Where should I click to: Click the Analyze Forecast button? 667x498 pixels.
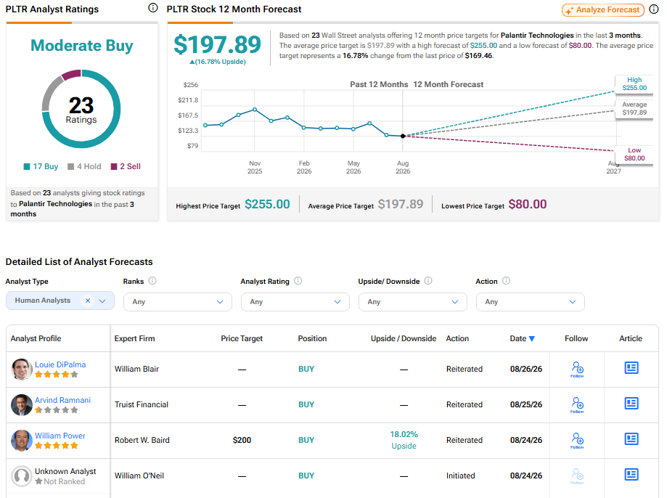click(x=602, y=9)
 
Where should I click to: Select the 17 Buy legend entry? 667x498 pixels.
click(x=41, y=166)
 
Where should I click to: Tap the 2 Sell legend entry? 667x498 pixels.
click(x=126, y=166)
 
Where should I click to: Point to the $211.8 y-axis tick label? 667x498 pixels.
click(x=188, y=100)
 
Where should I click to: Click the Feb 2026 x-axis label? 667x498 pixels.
click(x=304, y=167)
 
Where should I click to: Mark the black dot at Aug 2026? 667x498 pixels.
click(x=403, y=136)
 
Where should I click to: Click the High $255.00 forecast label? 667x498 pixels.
click(x=634, y=84)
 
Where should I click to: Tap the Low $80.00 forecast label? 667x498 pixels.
click(x=634, y=154)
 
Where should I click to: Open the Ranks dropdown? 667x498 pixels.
click(x=178, y=302)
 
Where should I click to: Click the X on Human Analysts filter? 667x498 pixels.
click(x=88, y=301)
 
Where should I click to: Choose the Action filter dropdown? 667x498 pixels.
click(x=531, y=302)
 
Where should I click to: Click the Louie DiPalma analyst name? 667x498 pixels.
click(x=60, y=364)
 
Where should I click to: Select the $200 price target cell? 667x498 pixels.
click(x=242, y=440)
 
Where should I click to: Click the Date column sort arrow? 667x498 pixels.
click(x=532, y=339)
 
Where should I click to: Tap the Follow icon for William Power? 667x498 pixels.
click(x=577, y=440)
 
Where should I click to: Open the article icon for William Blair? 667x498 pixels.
click(x=631, y=368)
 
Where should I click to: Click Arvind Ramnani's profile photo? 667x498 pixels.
click(x=22, y=405)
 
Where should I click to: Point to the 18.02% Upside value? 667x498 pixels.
click(x=404, y=440)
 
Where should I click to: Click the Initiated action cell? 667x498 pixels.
click(x=461, y=476)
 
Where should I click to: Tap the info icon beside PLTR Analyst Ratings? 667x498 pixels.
click(x=152, y=8)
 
